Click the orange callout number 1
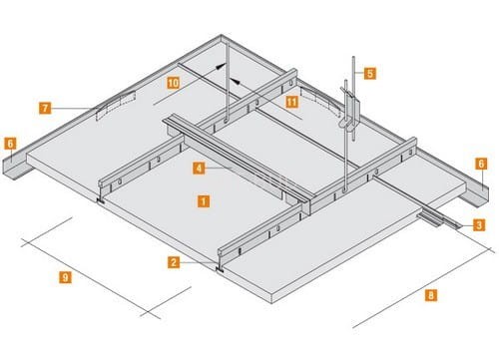[204, 201]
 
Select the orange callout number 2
[174, 262]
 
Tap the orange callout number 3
[479, 225]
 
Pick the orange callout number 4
[199, 168]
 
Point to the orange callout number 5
[370, 73]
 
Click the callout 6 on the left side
[10, 144]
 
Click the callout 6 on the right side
[481, 164]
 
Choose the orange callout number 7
[45, 108]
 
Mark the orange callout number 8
[431, 295]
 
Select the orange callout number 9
[65, 277]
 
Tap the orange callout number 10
[173, 83]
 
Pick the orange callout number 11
[291, 102]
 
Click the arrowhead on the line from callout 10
[219, 67]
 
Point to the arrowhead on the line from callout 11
[236, 81]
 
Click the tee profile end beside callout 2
[222, 260]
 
